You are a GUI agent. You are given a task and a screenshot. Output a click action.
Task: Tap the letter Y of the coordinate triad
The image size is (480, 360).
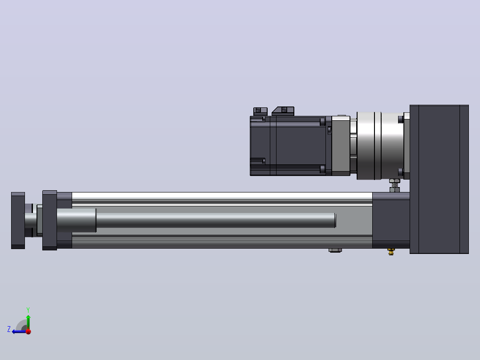pos(28,310)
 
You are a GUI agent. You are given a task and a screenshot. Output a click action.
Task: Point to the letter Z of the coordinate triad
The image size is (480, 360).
pos(9,329)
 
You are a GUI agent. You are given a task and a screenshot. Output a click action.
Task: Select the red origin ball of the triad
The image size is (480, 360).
pos(28,331)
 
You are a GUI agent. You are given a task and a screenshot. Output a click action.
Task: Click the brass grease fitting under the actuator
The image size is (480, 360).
pos(391,252)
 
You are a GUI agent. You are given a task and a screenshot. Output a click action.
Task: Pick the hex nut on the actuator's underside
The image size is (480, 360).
pos(335,250)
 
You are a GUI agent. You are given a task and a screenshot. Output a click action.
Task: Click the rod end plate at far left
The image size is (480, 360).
pos(18,221)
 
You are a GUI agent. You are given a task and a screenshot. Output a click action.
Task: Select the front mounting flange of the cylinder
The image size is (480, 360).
pos(49,220)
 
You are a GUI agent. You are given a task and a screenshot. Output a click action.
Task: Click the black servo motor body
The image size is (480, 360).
pos(291,146)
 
